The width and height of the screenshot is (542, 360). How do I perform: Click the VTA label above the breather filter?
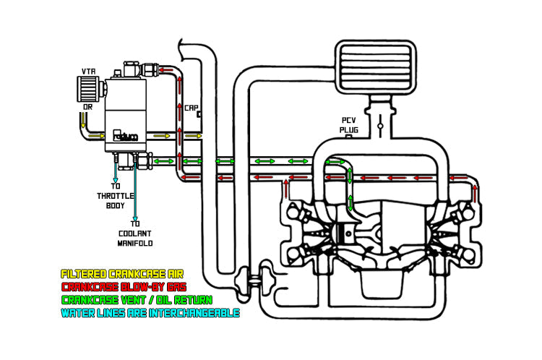pos(88,72)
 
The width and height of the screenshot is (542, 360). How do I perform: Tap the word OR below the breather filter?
pos(87,107)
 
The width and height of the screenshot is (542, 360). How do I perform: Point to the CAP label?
pos(192,108)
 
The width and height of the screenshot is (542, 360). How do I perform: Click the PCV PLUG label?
pos(349,125)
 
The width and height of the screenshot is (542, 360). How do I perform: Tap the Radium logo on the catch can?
pos(125,136)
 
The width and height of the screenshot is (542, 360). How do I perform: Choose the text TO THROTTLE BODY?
pos(116,196)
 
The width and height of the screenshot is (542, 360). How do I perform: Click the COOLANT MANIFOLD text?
pos(135,239)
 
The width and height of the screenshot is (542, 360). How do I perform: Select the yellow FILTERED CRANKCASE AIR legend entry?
pos(122,274)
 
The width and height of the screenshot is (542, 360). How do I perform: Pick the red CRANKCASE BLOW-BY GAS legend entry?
pos(124,287)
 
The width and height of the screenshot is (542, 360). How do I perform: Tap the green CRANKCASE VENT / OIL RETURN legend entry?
pos(137,300)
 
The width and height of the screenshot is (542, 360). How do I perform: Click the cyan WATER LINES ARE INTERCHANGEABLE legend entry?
pos(150,313)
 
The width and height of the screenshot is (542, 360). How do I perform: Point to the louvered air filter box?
pos(375,67)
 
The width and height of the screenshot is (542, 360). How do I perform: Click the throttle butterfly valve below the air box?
pos(380,126)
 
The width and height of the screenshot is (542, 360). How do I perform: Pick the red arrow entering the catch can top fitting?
pos(168,70)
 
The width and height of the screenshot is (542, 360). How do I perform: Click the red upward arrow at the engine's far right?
pos(476,194)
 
